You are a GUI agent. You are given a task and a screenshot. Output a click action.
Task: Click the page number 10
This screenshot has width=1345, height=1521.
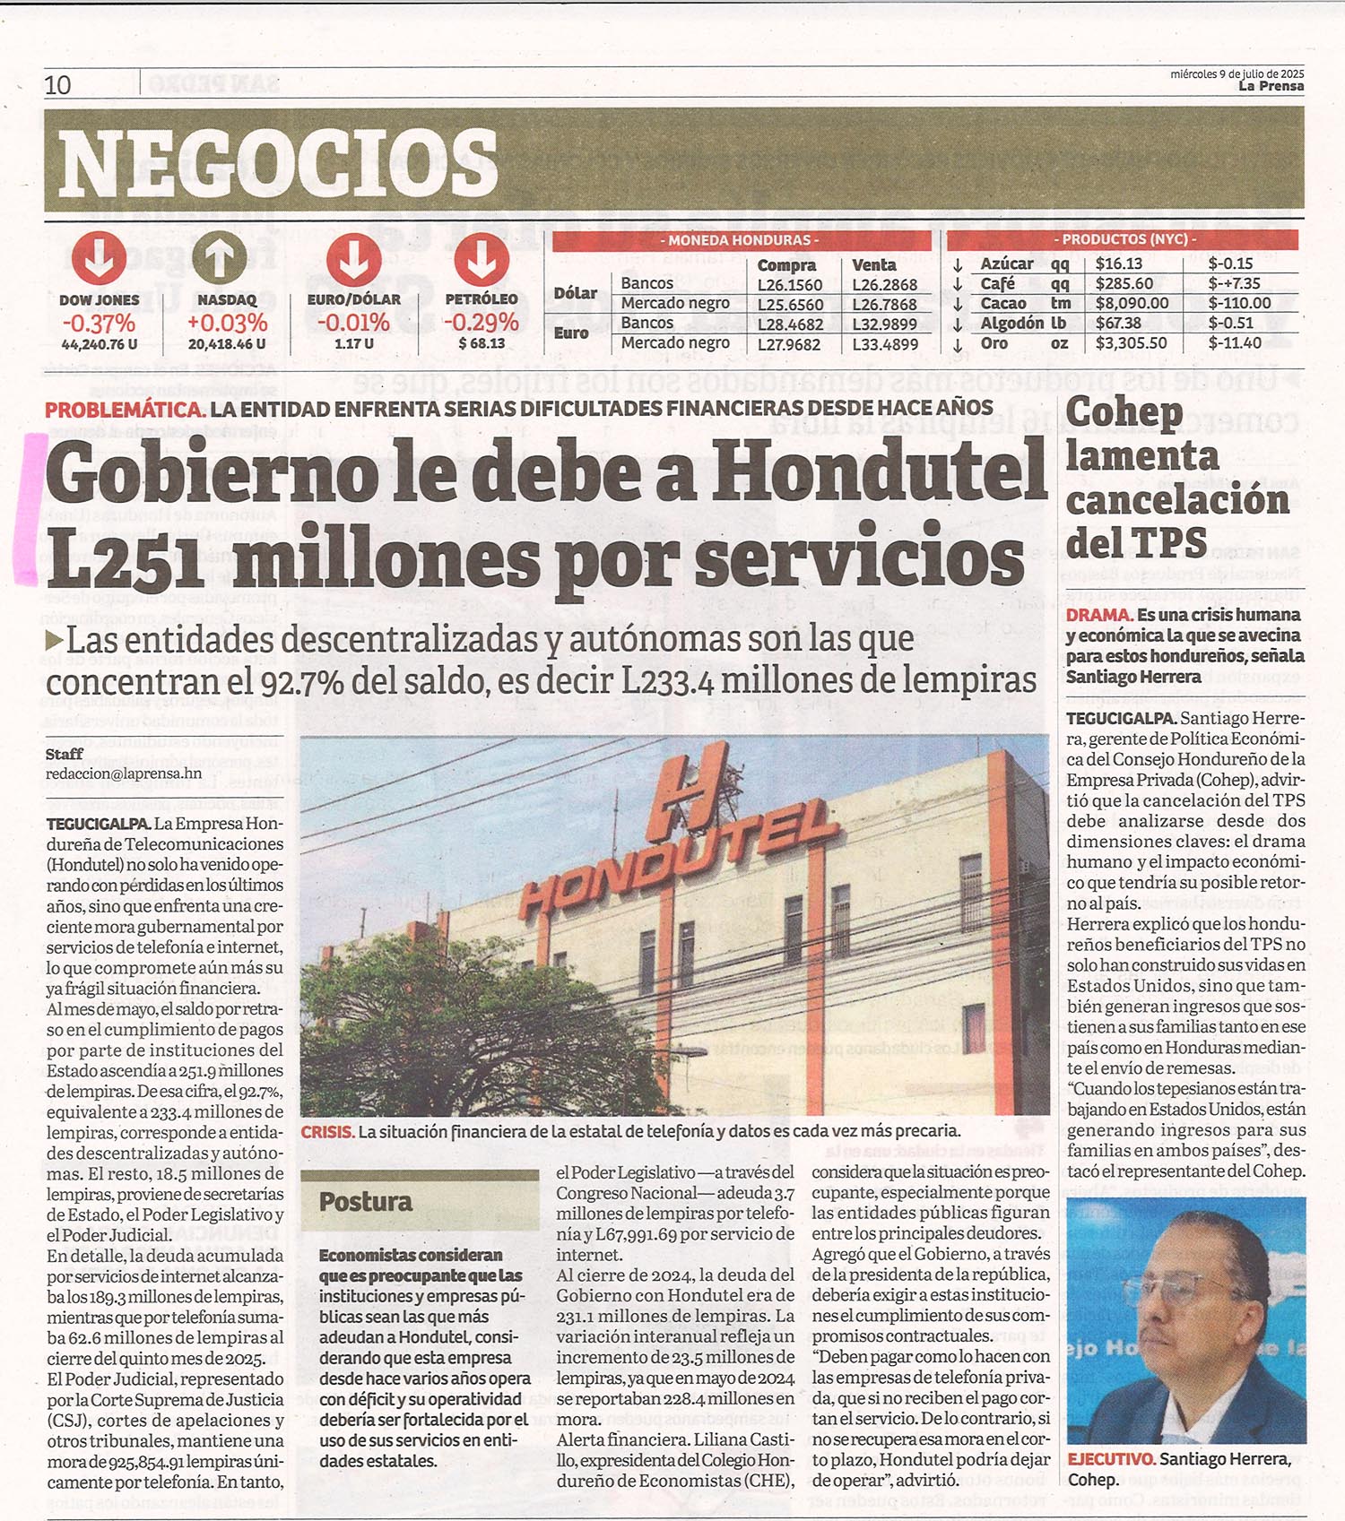tap(57, 85)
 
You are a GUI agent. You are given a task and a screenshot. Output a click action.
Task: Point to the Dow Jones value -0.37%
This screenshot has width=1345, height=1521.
tap(99, 324)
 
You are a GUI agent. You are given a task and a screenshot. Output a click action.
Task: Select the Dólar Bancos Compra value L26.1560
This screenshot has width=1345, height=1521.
tap(789, 285)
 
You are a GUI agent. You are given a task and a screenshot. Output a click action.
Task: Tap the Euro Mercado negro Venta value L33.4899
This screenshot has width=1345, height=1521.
tap(884, 344)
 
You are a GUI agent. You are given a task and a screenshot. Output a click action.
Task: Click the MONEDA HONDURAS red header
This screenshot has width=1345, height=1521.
tap(742, 240)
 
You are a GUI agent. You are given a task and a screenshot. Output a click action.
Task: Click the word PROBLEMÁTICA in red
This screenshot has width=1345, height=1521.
tap(125, 410)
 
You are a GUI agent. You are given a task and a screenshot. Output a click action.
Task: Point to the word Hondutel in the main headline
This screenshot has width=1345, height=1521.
tap(879, 473)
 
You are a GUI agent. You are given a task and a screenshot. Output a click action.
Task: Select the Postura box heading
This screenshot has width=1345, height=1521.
tap(366, 1202)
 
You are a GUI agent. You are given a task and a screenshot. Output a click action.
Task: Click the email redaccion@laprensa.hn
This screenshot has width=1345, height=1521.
tap(124, 773)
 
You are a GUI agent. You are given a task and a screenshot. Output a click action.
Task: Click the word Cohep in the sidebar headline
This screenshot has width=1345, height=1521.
tap(1124, 412)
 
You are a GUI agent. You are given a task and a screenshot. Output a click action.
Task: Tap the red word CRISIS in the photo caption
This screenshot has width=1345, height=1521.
tap(326, 1132)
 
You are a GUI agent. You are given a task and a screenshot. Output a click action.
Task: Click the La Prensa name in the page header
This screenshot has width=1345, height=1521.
tap(1271, 86)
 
